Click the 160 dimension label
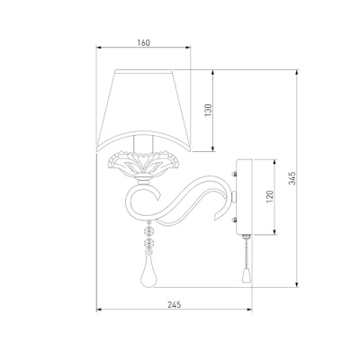coord(143,43)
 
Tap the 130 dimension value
coord(208,111)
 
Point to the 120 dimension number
coord(270,196)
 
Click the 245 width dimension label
coord(175,305)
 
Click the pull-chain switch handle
coord(245,275)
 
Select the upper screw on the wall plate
coord(234,174)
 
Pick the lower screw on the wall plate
coord(234,220)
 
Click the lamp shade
coord(143,111)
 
